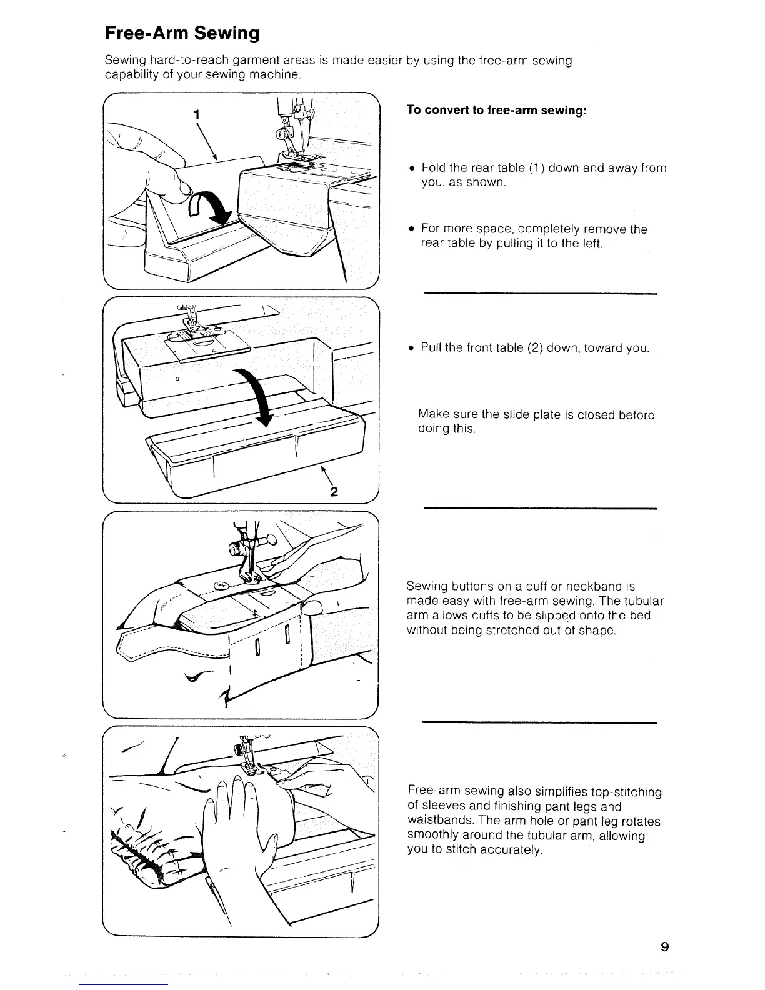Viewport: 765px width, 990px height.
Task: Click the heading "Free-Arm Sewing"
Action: (x=182, y=32)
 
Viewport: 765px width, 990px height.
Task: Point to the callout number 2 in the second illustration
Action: (x=334, y=491)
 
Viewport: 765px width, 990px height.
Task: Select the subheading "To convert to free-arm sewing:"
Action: (x=496, y=110)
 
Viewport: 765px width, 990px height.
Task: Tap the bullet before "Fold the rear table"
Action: (x=412, y=168)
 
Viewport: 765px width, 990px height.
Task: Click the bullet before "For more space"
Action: (x=412, y=229)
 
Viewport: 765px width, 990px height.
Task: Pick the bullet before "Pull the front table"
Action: (x=412, y=348)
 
